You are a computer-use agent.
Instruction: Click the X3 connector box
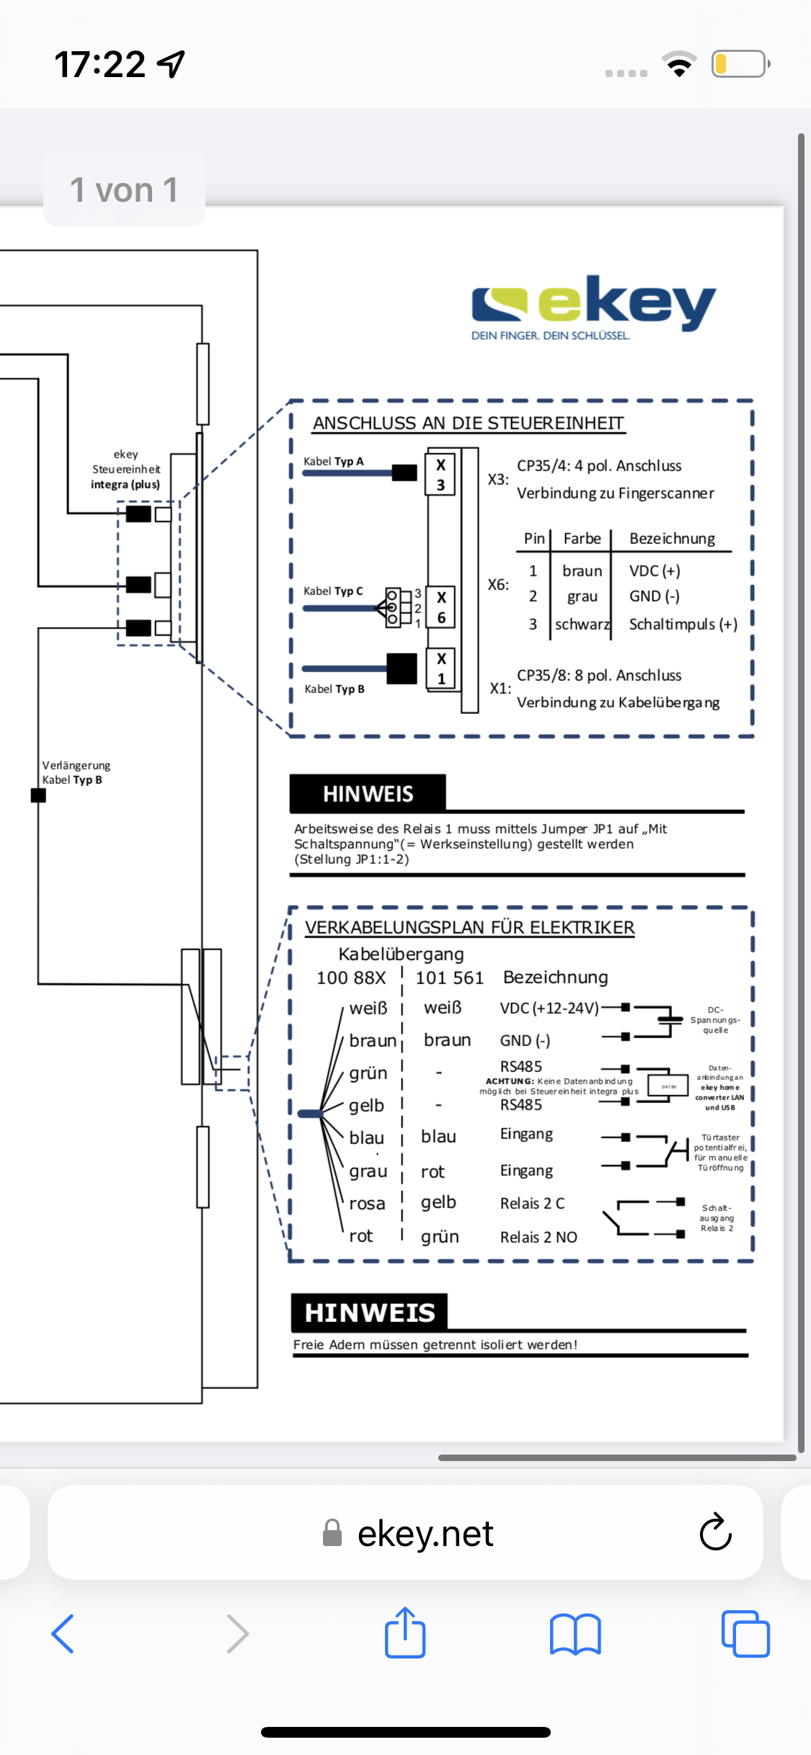440,475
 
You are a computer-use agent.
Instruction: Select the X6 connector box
441,607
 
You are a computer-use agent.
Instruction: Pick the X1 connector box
441,669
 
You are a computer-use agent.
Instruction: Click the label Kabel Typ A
334,462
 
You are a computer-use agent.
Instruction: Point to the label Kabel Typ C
333,591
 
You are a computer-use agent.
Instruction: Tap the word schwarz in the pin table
582,625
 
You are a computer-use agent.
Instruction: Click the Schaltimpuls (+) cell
683,625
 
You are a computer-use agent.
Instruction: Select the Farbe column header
582,539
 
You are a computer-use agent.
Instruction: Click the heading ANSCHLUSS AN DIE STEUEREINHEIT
469,424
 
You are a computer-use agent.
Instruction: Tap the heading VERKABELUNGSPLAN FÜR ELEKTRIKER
469,928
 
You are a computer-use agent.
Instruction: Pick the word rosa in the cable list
367,1204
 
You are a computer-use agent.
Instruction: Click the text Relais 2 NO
539,1238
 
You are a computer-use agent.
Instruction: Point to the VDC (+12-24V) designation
549,1009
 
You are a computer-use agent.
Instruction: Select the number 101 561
449,978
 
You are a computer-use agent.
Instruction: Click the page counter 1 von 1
124,190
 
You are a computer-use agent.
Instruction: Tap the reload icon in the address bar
715,1532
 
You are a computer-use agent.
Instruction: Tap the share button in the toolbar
405,1633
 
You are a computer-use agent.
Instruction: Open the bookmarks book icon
575,1633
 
